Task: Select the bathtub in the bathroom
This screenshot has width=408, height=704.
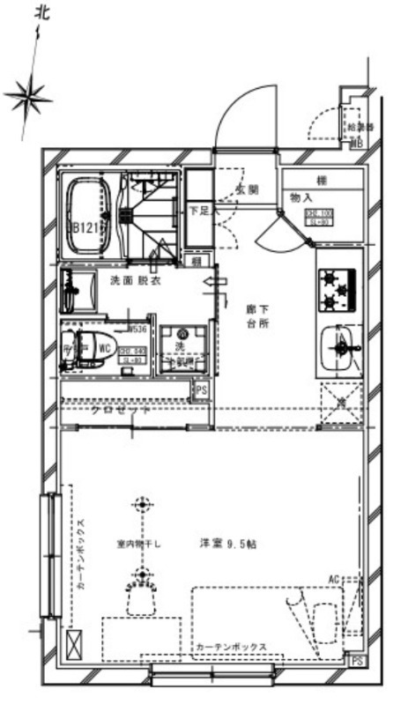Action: click(85, 214)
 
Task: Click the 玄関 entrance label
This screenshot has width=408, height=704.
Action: click(247, 189)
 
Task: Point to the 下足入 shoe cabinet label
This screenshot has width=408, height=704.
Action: click(198, 211)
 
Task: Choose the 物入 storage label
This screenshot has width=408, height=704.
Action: click(302, 199)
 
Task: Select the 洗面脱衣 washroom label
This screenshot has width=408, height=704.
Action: click(135, 280)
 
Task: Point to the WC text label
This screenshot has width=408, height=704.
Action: click(104, 349)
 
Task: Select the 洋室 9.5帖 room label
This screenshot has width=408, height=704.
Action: click(227, 544)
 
